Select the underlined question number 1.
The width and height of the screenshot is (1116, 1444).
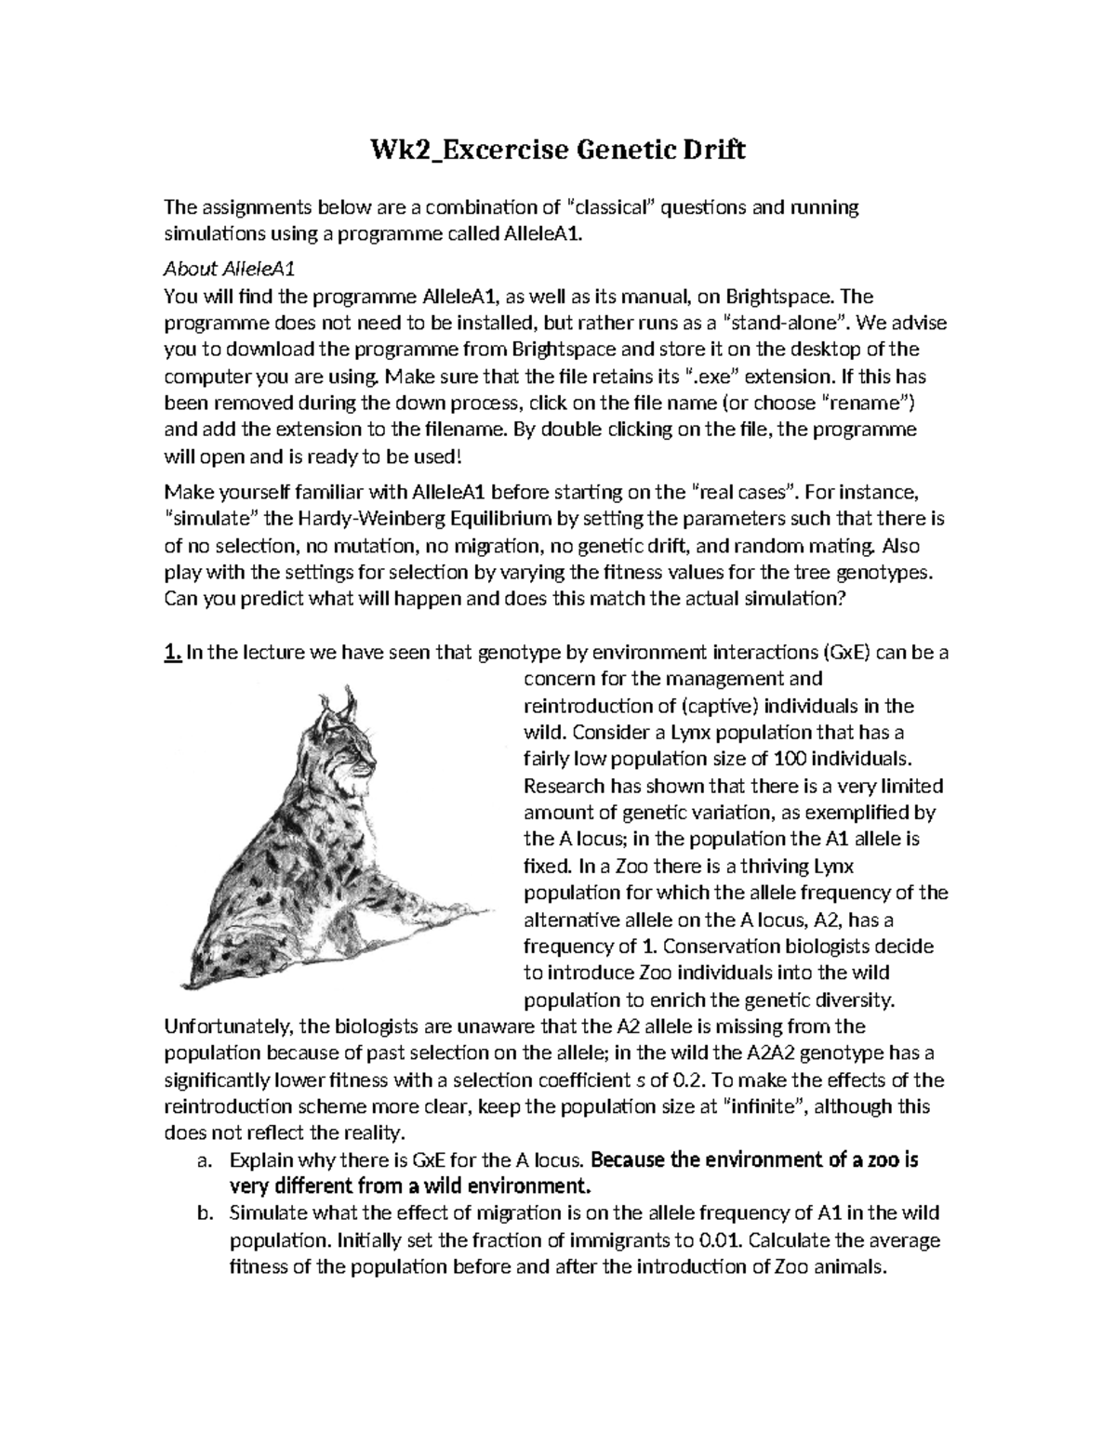coord(172,653)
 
